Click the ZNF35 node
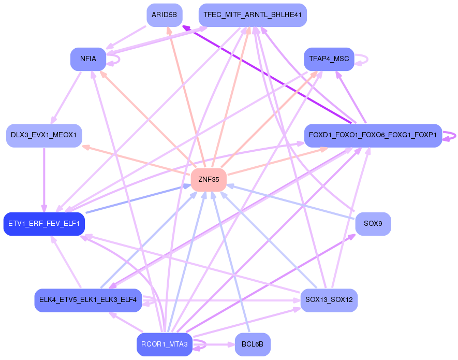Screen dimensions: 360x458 click(209, 180)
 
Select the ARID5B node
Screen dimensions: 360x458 click(164, 15)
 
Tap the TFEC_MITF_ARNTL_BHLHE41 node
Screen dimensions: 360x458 click(253, 15)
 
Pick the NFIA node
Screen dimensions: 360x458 click(88, 59)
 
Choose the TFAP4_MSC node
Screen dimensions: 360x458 click(329, 59)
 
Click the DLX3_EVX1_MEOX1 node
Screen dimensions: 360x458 click(44, 136)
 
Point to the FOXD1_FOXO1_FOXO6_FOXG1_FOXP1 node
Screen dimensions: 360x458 click(373, 136)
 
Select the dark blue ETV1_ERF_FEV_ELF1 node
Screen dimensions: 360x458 click(44, 224)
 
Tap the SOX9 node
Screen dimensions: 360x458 click(373, 224)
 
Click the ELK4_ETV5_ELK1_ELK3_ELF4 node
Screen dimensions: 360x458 click(88, 300)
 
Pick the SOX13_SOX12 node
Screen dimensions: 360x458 click(329, 300)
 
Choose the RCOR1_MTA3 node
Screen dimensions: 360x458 click(165, 344)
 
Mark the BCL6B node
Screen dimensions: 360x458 click(253, 344)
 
